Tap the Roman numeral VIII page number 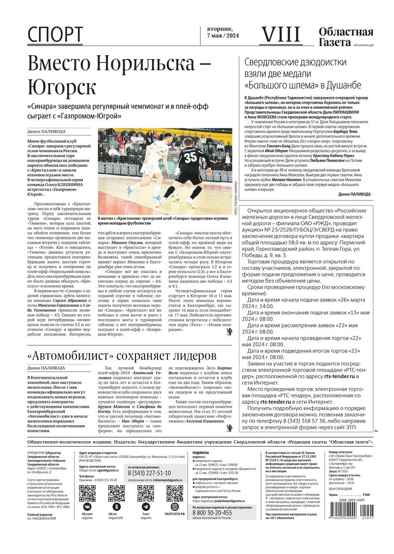point(279,34)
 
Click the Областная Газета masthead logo point(346,37)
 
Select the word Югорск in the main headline point(62,88)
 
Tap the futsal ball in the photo point(175,198)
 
